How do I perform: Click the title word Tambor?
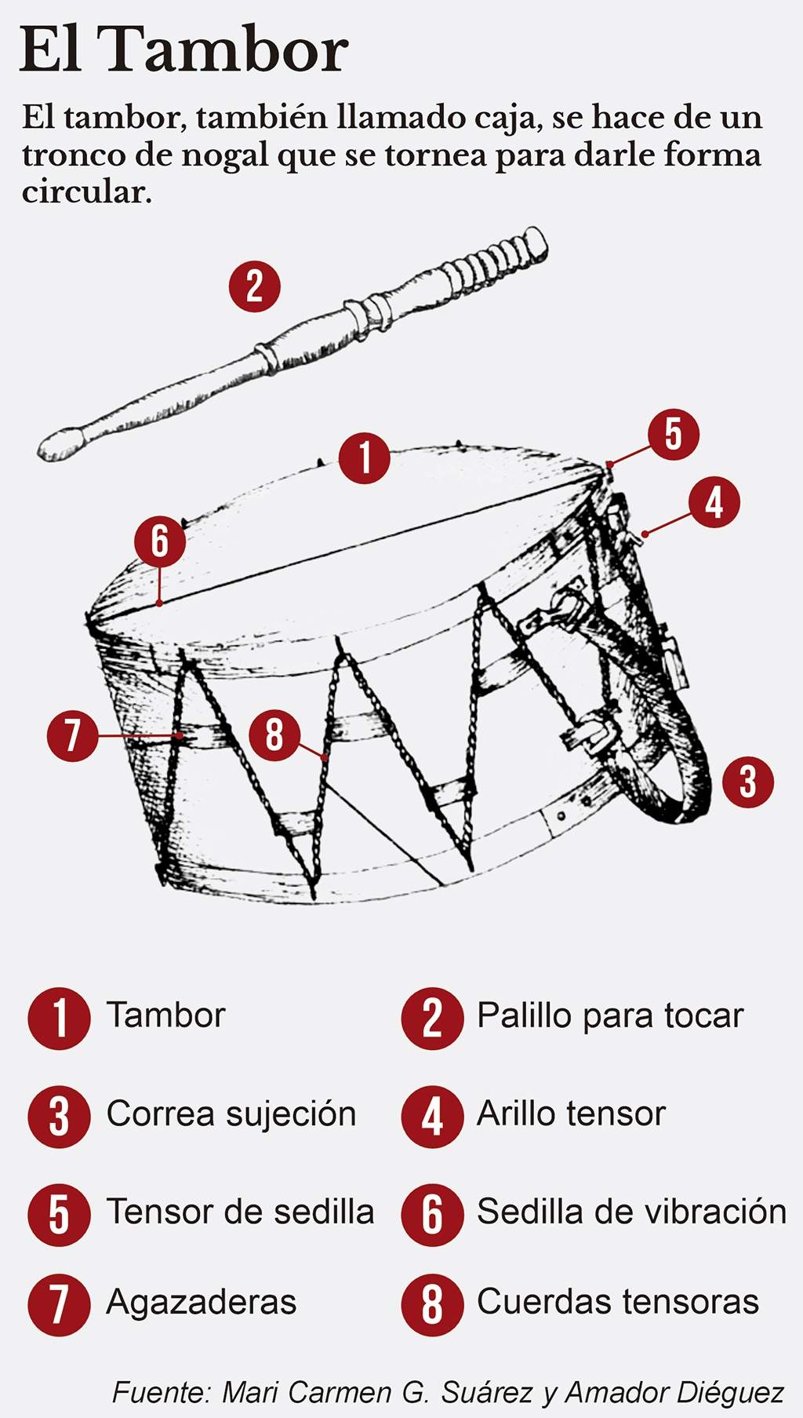tap(226, 49)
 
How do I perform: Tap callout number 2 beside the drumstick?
tap(254, 286)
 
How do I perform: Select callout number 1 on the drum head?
tap(365, 457)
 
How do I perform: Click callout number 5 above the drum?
tap(673, 434)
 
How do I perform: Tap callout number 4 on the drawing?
tap(714, 502)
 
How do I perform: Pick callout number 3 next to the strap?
tap(747, 781)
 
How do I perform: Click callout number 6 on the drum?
tap(159, 541)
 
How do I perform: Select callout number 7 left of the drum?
tap(72, 735)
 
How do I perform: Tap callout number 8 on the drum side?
tap(274, 735)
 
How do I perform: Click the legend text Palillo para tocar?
tap(609, 1016)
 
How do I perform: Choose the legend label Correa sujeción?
tap(231, 1114)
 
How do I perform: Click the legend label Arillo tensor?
tap(571, 1114)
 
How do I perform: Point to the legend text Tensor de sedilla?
tap(239, 1212)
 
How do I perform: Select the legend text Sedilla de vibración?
tap(631, 1212)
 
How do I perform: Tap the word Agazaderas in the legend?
tap(201, 1303)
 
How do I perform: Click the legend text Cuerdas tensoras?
tap(617, 1303)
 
